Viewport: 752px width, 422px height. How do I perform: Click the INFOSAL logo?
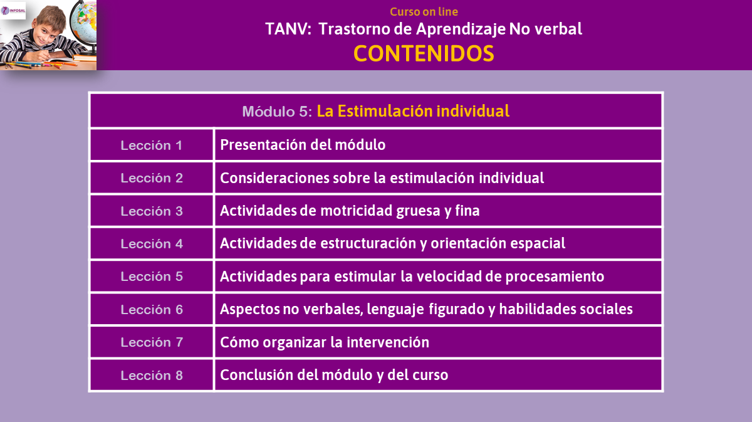point(13,11)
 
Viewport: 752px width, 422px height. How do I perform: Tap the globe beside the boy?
point(84,24)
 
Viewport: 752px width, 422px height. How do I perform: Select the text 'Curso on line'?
point(424,12)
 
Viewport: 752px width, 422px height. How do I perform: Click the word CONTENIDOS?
point(424,54)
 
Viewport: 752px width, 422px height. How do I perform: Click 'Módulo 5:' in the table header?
point(277,112)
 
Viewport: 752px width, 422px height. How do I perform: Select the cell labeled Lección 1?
point(152,145)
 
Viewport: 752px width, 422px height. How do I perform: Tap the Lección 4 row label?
point(152,244)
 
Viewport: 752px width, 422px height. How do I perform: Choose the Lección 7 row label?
point(152,342)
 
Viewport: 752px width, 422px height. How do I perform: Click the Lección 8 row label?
point(152,376)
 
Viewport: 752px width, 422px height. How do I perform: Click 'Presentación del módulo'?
point(303,145)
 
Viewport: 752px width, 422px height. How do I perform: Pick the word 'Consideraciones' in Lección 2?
point(274,177)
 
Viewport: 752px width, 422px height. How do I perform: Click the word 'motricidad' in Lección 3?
point(357,211)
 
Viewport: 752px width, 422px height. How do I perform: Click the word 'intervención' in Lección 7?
point(388,342)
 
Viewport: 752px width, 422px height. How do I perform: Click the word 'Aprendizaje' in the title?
point(461,29)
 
